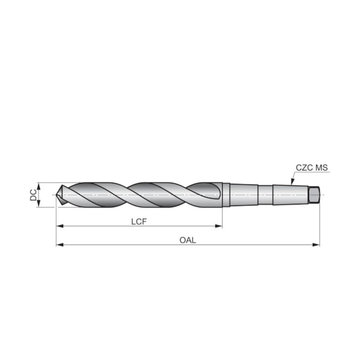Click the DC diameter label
click(x=33, y=194)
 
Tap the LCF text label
click(x=139, y=220)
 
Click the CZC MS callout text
click(x=312, y=167)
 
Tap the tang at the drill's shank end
click(x=315, y=194)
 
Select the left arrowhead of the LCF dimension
click(x=59, y=226)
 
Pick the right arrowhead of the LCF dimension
click(x=219, y=226)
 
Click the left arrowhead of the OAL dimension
click(x=59, y=244)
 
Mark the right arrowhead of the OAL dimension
click(x=317, y=244)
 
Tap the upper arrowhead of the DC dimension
click(x=38, y=185)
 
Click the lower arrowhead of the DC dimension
click(x=38, y=204)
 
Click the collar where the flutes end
click(x=226, y=194)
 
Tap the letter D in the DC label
click(x=33, y=197)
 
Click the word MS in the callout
click(x=322, y=167)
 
